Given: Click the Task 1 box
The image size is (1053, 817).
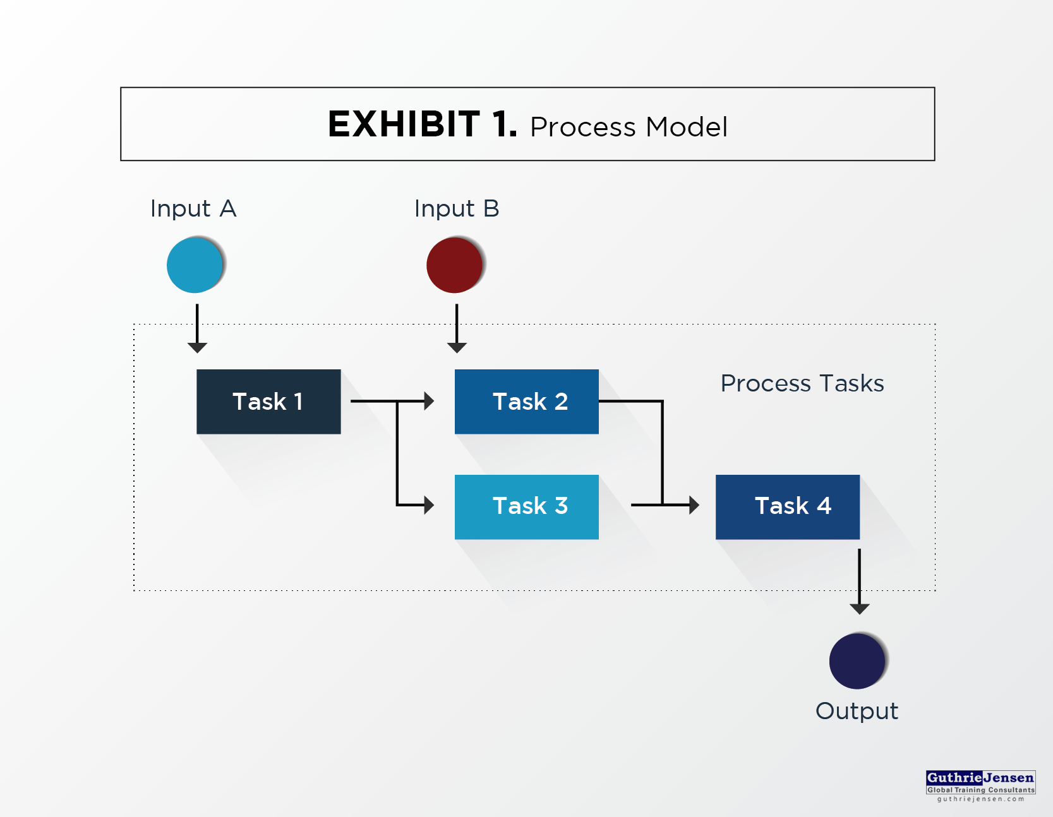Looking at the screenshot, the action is click(x=268, y=402).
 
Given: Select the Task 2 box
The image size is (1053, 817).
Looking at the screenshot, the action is click(x=527, y=402).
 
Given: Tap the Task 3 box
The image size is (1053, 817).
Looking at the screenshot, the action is click(x=527, y=507).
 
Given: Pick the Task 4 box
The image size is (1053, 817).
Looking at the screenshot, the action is click(x=788, y=507).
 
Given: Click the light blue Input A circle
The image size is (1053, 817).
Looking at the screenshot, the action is click(x=195, y=265).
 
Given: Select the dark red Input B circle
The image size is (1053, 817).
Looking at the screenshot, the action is click(x=455, y=265).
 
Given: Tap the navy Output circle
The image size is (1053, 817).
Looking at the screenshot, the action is click(x=858, y=661).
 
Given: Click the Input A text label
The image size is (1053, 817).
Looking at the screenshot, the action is click(x=193, y=209).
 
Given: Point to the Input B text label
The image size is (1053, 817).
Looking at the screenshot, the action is click(x=457, y=209).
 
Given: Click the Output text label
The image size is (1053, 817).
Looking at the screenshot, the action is click(x=857, y=712).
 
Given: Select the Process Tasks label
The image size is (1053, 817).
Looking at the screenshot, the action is click(x=802, y=383).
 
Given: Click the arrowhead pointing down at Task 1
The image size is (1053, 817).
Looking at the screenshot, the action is click(x=197, y=348).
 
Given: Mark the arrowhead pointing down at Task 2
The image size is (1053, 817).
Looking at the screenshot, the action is click(x=457, y=348).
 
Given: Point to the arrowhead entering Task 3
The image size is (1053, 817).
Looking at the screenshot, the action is click(x=430, y=505).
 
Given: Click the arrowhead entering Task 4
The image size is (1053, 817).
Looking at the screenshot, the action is click(x=694, y=505).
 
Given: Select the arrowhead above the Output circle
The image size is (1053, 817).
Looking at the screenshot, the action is click(x=859, y=609).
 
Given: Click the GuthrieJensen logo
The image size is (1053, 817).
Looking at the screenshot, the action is click(x=981, y=786).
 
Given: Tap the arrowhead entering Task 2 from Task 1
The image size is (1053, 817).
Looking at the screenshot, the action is click(x=430, y=401).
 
